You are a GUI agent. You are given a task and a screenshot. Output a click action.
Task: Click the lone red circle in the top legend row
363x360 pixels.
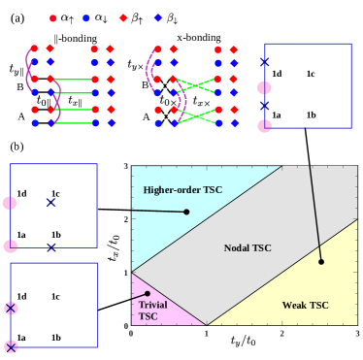[x=52, y=17]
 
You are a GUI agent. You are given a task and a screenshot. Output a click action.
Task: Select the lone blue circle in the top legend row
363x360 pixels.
[x=86, y=17]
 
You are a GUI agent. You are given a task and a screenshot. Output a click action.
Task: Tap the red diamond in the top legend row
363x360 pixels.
[x=123, y=17]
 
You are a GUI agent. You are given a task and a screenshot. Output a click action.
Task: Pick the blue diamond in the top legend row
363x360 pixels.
[x=156, y=17]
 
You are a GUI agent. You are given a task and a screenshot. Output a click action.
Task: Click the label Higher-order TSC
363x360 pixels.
[x=182, y=189]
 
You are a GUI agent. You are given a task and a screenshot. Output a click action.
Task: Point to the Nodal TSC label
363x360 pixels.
[x=247, y=247]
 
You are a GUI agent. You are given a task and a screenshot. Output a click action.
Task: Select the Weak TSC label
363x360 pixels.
[x=305, y=305]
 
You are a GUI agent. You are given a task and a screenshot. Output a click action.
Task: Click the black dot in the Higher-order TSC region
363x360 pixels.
[x=186, y=212]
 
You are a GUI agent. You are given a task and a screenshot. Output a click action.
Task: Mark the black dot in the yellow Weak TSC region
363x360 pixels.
[x=320, y=261]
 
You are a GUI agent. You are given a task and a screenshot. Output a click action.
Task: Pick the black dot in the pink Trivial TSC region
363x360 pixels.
[x=147, y=292]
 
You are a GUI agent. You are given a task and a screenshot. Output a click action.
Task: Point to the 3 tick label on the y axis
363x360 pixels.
[x=126, y=167]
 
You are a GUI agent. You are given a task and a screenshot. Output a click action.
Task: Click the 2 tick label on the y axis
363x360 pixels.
[x=126, y=219]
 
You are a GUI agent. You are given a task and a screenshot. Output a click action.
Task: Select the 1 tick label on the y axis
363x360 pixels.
[x=126, y=273]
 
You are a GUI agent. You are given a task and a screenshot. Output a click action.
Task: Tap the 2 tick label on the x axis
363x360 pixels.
[x=281, y=334]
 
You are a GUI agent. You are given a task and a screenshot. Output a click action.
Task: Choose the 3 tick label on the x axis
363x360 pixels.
[x=358, y=334]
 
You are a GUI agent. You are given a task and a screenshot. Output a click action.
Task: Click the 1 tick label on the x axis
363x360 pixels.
[x=206, y=334]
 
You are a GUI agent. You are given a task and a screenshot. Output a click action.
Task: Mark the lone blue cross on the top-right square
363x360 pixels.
[x=264, y=61]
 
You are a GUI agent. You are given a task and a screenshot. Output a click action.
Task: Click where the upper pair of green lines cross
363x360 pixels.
[x=197, y=85]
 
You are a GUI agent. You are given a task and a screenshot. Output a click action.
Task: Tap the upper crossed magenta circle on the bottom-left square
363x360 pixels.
[x=11, y=309]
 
